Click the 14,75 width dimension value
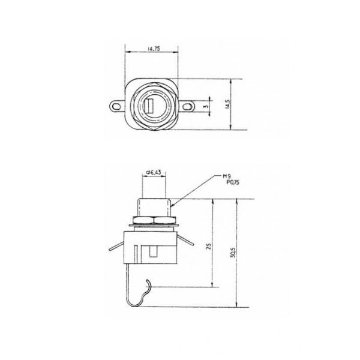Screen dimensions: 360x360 [154, 49]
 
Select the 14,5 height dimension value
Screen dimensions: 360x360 [227, 104]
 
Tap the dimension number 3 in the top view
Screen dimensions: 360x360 [206, 107]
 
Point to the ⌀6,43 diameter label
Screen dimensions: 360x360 [154, 172]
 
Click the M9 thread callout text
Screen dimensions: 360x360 [227, 176]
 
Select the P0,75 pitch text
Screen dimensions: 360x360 [232, 182]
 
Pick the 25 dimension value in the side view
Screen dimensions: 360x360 [209, 247]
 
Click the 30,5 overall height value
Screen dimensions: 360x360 [233, 253]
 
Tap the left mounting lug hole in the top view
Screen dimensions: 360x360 [116, 107]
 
